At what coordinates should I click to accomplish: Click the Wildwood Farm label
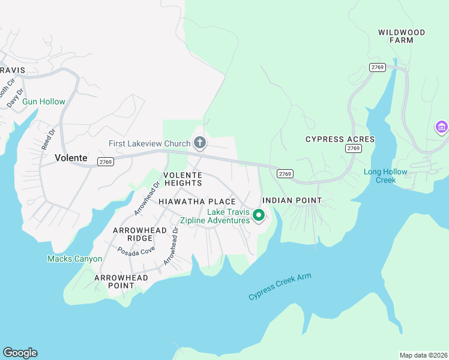(402, 36)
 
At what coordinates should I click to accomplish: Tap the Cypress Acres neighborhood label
(340, 139)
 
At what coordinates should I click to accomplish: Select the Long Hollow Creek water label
(385, 176)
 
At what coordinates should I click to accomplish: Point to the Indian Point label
(292, 200)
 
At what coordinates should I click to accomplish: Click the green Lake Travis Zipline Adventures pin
(259, 215)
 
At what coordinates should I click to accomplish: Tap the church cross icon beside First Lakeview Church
(200, 143)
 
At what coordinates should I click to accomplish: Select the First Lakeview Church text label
(149, 143)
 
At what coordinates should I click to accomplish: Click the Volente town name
(71, 158)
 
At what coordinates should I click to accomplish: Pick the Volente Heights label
(182, 178)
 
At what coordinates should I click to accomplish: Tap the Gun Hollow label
(44, 102)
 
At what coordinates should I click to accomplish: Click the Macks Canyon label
(74, 259)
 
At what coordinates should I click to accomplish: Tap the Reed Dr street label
(47, 139)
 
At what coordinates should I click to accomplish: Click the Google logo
(20, 353)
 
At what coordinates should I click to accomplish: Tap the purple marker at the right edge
(442, 128)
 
